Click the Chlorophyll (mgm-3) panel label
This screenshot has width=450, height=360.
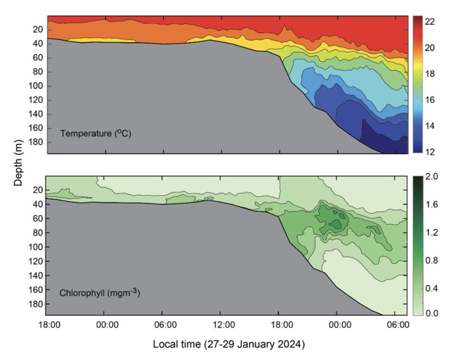(x=99, y=293)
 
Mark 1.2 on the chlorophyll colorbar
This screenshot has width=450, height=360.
(x=431, y=232)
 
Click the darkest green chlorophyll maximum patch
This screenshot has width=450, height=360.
(x=337, y=224)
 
